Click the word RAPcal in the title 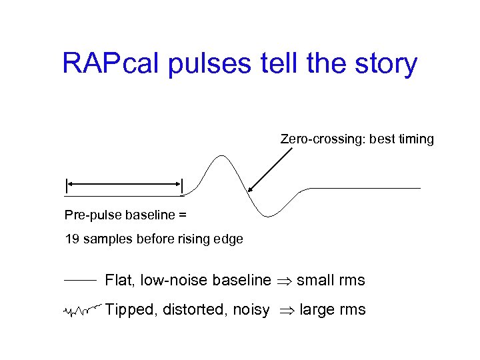(109, 64)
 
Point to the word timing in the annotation (413, 139)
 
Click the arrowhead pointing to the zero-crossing (249, 191)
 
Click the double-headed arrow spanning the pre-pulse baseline (124, 182)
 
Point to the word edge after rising (229, 239)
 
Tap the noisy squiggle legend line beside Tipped (81, 310)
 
